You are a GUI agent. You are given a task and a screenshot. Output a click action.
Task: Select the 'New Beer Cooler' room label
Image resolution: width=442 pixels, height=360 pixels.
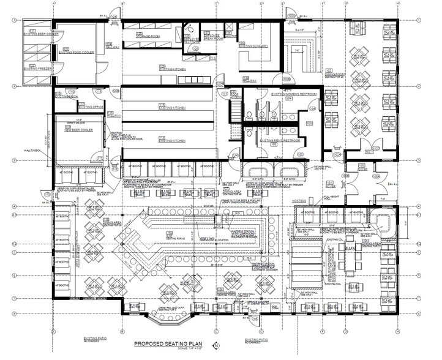point(77,130)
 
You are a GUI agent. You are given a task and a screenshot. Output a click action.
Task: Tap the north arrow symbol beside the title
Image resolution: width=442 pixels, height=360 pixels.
point(215,345)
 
